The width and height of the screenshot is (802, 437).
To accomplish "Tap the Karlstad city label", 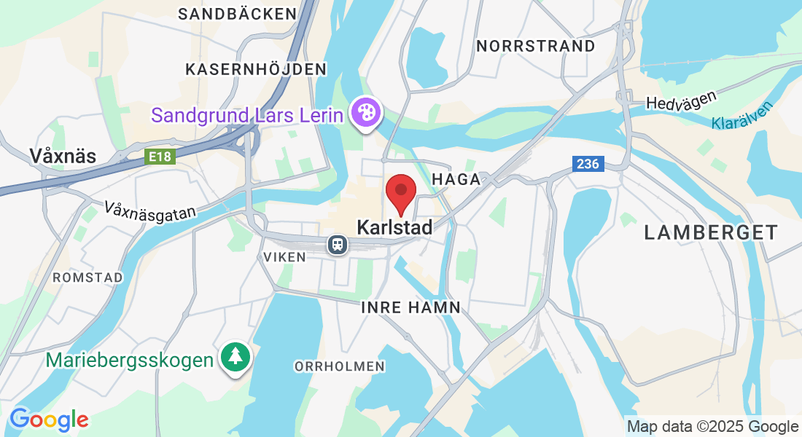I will click(394, 227).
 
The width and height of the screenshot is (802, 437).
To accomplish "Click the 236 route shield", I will click(587, 164).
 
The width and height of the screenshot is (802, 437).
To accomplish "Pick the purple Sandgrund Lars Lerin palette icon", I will click(364, 113).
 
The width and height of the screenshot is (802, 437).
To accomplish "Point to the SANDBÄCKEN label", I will click(238, 14).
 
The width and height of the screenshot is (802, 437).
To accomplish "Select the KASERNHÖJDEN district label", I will click(255, 69).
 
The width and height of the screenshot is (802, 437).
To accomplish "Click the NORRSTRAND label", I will click(536, 46).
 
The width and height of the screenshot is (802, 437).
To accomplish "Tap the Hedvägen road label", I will click(681, 100).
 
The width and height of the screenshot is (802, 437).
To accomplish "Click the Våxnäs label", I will click(63, 155).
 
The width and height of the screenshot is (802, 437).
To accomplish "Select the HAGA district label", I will click(456, 179).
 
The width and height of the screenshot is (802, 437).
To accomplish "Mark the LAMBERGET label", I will click(711, 233).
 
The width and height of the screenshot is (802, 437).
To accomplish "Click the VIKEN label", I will click(280, 257).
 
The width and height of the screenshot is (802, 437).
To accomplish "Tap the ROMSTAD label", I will click(87, 277).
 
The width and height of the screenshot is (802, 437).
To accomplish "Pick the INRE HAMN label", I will click(411, 307).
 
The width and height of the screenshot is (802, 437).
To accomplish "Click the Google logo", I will click(49, 420).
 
